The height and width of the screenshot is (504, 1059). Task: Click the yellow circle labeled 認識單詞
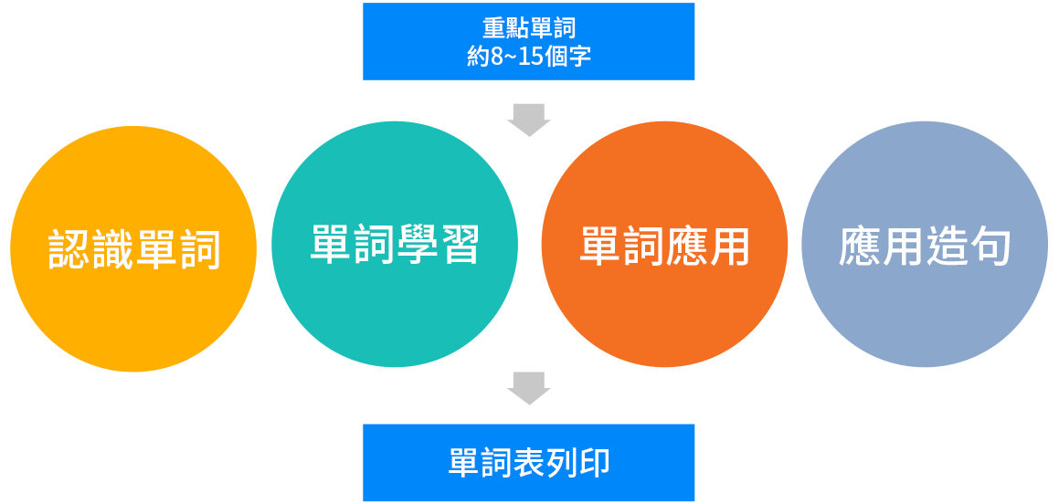(x=133, y=249)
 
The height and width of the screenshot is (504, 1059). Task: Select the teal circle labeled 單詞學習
(x=395, y=245)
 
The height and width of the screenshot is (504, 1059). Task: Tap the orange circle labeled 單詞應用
(x=664, y=245)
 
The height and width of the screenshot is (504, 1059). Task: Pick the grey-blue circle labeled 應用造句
(x=925, y=245)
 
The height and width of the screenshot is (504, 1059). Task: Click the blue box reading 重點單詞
(x=529, y=42)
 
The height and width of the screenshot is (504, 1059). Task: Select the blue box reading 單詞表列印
(x=529, y=463)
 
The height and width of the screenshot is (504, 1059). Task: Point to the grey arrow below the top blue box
(x=529, y=121)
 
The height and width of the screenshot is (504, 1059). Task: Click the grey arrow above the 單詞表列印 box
(x=529, y=389)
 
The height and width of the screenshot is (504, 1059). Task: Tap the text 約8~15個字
(x=529, y=57)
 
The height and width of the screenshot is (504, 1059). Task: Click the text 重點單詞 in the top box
(x=529, y=27)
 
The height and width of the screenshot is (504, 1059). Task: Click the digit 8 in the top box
(x=497, y=57)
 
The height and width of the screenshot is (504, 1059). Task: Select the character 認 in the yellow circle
(x=69, y=249)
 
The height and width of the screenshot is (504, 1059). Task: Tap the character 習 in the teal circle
(x=458, y=245)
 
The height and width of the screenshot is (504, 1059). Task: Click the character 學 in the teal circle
(x=416, y=245)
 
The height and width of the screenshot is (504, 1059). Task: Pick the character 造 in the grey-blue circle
(x=946, y=245)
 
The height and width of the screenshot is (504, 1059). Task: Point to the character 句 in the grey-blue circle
(x=989, y=245)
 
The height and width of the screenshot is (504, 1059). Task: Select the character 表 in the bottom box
(x=529, y=463)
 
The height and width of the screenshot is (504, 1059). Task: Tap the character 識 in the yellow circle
(x=112, y=249)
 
